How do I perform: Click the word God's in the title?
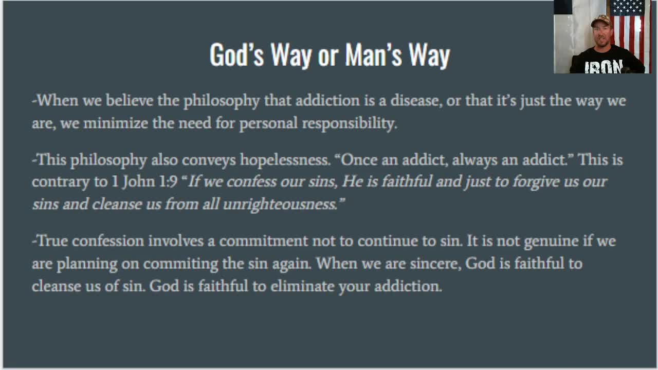[x=236, y=54]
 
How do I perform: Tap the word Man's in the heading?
[x=373, y=54]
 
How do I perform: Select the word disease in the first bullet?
[x=415, y=100]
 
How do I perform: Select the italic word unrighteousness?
[x=280, y=205]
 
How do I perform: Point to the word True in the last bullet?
[x=53, y=241]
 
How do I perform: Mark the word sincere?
[x=435, y=264]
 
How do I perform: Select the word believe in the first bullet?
[x=130, y=100]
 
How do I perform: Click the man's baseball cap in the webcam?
[x=600, y=21]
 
